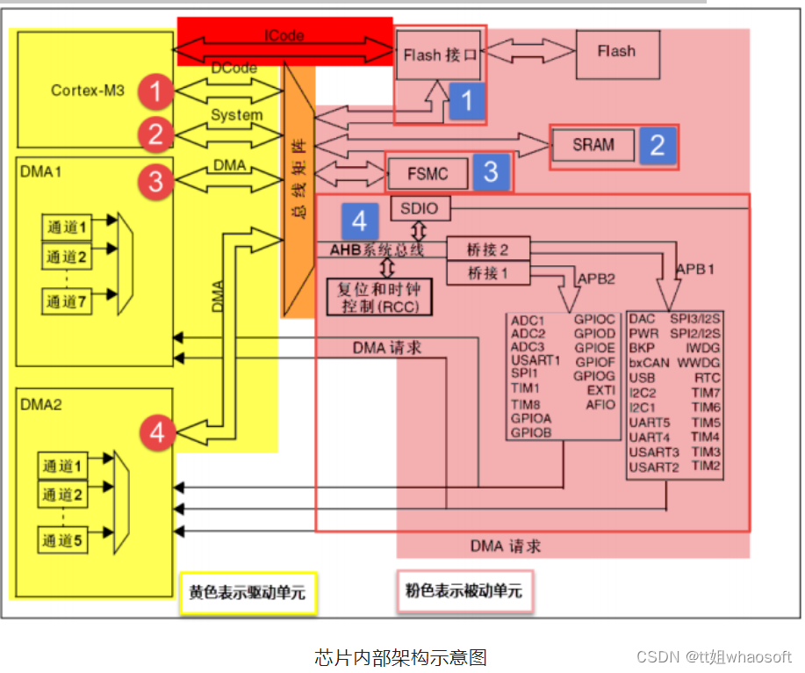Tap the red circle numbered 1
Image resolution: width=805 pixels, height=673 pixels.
coord(155,90)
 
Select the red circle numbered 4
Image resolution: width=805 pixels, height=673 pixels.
coord(157,432)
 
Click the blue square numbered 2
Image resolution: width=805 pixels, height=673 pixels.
coord(658,144)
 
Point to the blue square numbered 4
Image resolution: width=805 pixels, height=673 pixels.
coord(359,216)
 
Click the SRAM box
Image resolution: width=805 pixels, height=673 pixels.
coord(593,144)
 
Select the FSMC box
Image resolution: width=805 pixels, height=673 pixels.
coord(427,173)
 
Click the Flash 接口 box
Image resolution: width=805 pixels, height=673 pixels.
coord(439,54)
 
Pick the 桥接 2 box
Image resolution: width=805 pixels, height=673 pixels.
coord(489,250)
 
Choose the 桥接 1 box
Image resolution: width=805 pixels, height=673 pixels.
coord(489,273)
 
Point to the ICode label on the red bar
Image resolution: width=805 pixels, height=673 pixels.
coord(284,36)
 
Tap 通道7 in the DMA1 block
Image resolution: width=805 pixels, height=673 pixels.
coord(68,301)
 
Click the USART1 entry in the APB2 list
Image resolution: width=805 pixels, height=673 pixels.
coord(535,359)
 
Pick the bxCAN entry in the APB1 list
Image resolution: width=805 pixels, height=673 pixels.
coord(650,362)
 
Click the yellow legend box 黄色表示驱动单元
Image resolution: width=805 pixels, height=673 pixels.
coord(248,593)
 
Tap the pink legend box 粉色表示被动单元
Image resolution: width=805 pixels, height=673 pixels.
coord(464,590)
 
